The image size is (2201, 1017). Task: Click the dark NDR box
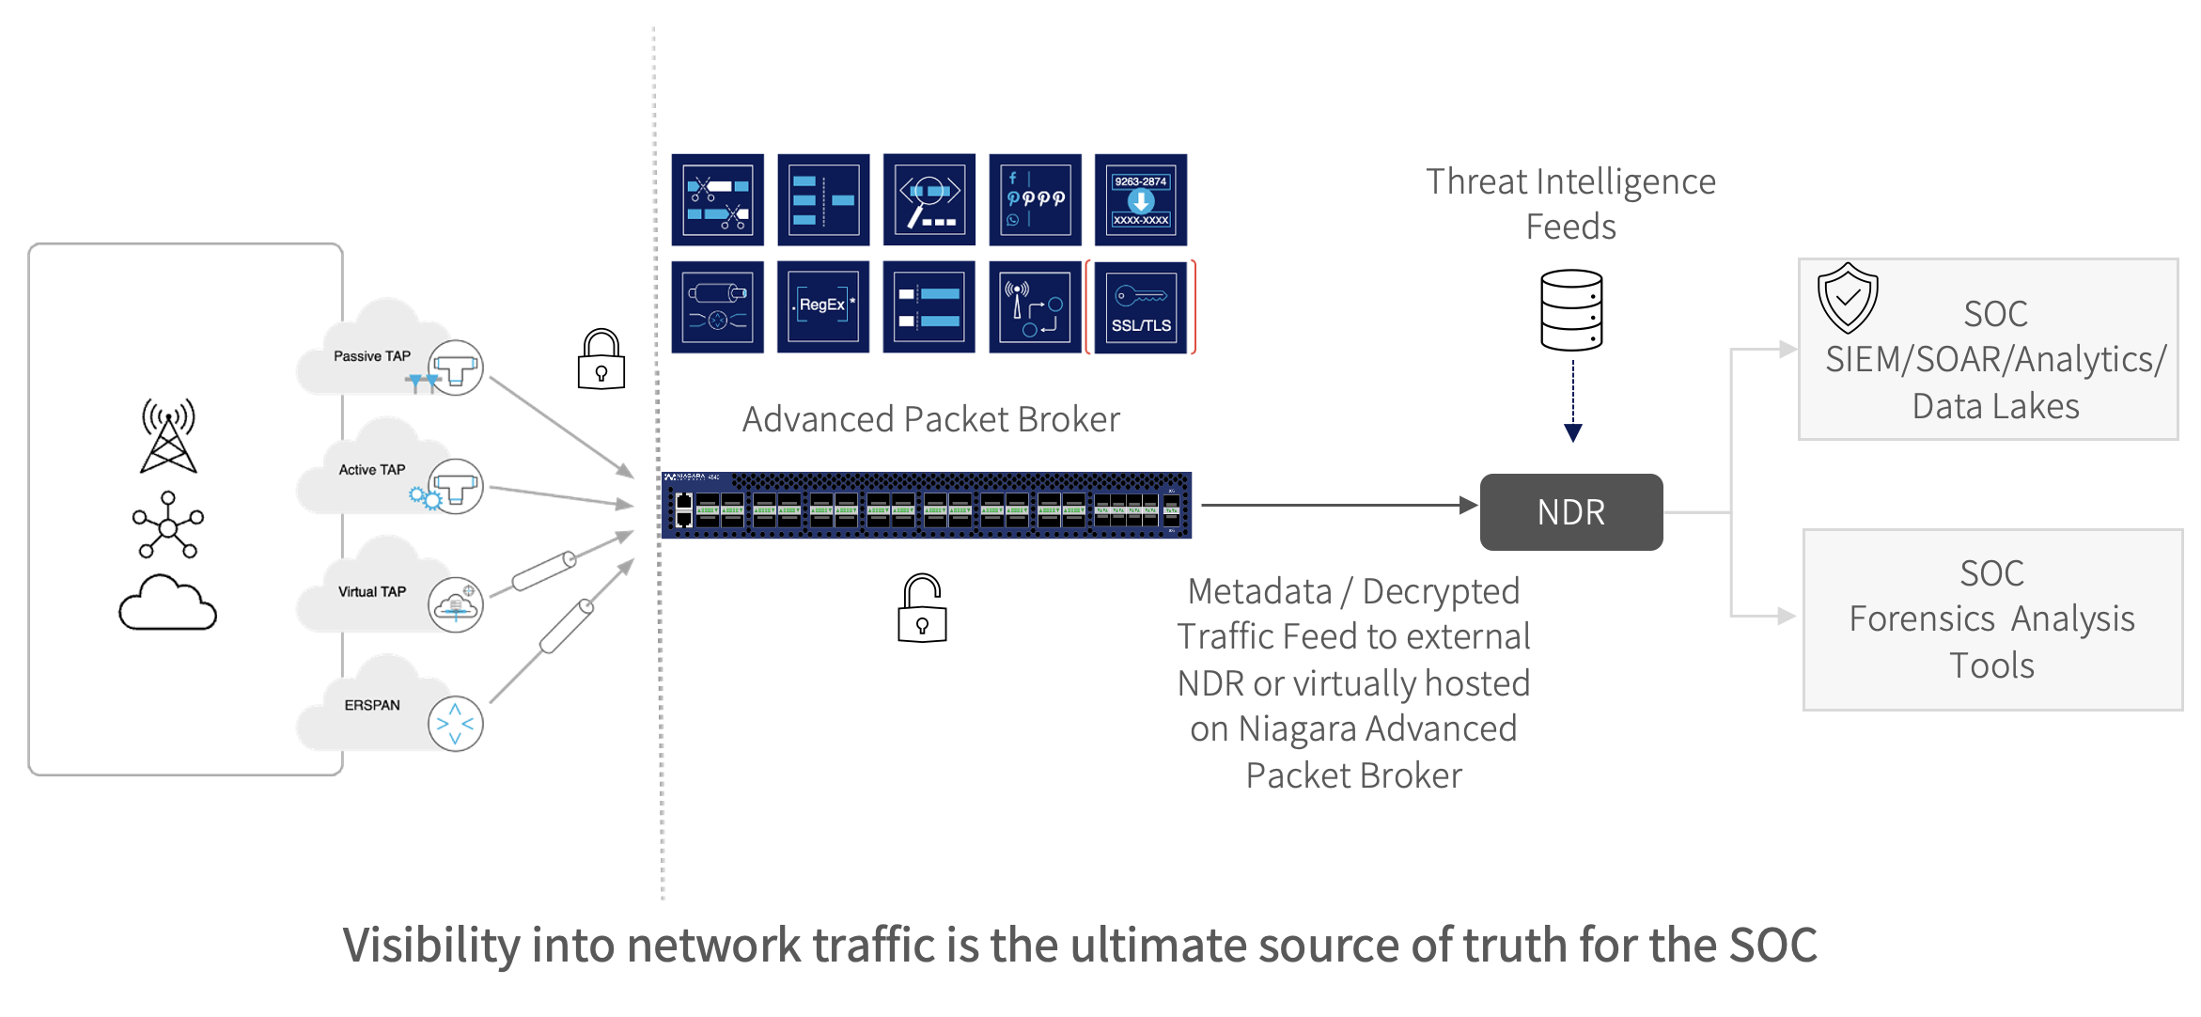pos(1570,512)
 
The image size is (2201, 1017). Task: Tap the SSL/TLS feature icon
pos(1140,307)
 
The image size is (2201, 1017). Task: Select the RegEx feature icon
pos(822,307)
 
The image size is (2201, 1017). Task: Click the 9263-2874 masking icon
pos(1140,200)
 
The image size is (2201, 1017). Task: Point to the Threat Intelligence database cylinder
pos(1571,310)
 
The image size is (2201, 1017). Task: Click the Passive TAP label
pos(372,356)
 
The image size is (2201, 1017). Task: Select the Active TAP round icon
pos(456,487)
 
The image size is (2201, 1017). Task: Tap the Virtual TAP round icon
pos(456,604)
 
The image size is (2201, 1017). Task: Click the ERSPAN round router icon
pos(456,724)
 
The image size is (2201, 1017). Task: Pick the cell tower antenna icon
pos(168,435)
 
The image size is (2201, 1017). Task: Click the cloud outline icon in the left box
pos(167,603)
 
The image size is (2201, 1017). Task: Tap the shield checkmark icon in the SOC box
pos(1847,298)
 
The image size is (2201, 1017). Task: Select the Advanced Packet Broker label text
pos(930,419)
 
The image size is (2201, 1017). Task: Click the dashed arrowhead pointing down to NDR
pos(1572,432)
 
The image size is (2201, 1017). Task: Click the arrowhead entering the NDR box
pos(1468,506)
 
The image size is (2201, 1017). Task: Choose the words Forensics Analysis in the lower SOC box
pos(1990,619)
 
